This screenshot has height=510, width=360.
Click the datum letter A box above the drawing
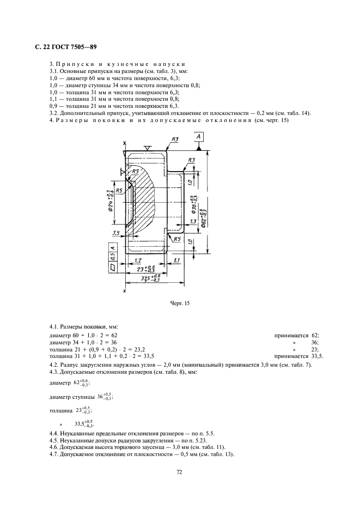[x=199, y=137]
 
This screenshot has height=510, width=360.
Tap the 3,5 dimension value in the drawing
[x=115, y=233]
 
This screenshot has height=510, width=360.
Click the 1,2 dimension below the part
[x=138, y=262]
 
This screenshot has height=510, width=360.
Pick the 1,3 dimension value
[x=193, y=222]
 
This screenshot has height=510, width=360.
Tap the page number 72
[x=179, y=472]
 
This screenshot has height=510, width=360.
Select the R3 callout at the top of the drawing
[x=175, y=140]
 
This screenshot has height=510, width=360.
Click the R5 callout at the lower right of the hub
[x=177, y=239]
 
